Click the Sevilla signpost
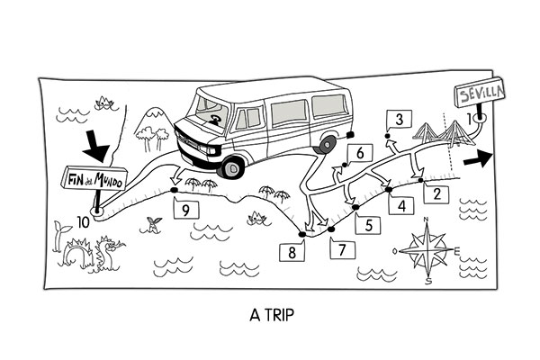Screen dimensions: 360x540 [x=476, y=94]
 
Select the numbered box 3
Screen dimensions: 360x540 [x=399, y=119]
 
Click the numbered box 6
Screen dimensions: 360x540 [x=359, y=154]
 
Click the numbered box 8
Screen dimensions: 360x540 [x=292, y=253]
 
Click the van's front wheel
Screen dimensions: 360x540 [x=233, y=166]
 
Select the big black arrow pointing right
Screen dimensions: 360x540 [x=481, y=158]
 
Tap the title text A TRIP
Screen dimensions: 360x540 [x=269, y=317]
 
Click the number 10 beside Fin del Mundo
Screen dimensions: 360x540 [x=83, y=221]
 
